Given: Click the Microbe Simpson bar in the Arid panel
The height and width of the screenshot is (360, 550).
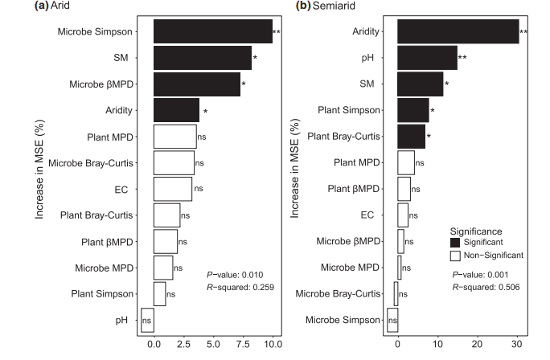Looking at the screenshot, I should coord(212,31).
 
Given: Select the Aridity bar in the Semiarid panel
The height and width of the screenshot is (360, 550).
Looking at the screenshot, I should coord(458,31).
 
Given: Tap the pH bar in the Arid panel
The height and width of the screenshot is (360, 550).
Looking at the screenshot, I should coord(147,320).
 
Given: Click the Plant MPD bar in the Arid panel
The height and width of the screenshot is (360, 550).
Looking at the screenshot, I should coord(174,136).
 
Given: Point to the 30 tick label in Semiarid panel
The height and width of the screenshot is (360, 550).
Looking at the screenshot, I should coord(515,344).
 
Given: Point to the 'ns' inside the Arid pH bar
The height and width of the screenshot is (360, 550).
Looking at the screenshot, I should coord(147,321).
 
